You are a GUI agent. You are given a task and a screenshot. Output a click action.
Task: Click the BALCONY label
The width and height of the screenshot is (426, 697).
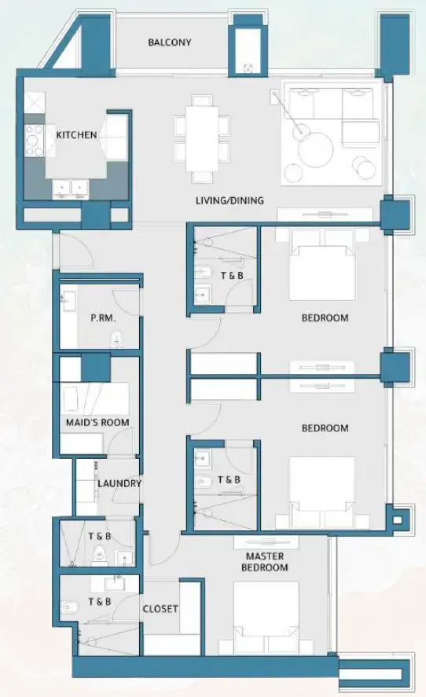click(169, 42)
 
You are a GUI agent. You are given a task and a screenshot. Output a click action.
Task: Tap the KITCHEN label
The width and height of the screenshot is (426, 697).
click(76, 135)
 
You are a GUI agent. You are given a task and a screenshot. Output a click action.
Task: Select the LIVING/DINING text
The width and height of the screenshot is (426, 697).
click(230, 201)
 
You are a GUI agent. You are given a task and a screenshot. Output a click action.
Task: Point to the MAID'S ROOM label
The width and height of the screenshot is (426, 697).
click(97, 423)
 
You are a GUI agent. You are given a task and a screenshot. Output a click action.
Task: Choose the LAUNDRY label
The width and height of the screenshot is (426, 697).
click(119, 483)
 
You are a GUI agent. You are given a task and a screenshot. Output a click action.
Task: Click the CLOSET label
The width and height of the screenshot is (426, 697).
click(160, 608)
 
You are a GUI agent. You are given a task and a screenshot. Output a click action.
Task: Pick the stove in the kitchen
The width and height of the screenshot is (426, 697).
click(35, 139)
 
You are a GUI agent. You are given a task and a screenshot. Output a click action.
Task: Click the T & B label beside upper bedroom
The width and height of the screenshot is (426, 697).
click(231, 275)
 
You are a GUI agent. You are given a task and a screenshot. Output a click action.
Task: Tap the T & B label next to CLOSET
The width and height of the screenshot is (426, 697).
click(99, 602)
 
